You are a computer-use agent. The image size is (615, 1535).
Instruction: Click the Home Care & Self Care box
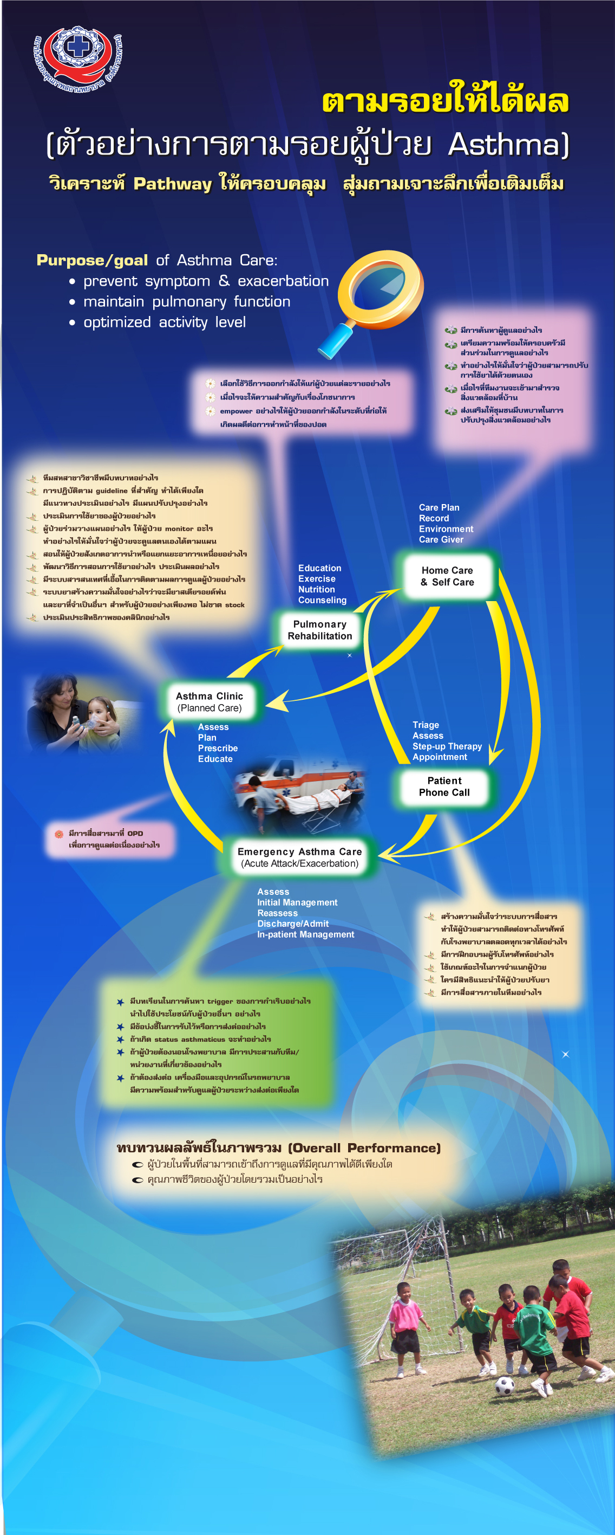pyautogui.click(x=448, y=576)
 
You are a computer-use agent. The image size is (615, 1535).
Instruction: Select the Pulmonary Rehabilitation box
pyautogui.click(x=320, y=630)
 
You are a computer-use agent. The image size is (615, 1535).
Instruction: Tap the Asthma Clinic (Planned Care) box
pyautogui.click(x=209, y=701)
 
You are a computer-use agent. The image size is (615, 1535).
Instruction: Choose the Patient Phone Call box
pyautogui.click(x=444, y=786)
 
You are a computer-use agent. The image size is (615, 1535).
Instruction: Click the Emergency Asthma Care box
pyautogui.click(x=299, y=857)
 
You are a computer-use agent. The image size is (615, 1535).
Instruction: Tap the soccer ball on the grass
pyautogui.click(x=504, y=1385)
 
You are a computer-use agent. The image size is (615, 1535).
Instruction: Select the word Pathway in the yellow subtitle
pyautogui.click(x=172, y=184)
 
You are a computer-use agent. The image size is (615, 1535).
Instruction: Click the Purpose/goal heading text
pyautogui.click(x=92, y=260)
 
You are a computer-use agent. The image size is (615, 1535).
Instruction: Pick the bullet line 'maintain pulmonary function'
pyautogui.click(x=186, y=302)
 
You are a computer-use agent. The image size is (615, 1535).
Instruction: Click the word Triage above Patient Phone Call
pyautogui.click(x=426, y=725)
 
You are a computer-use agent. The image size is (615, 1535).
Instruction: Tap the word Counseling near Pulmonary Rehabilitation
pyautogui.click(x=322, y=600)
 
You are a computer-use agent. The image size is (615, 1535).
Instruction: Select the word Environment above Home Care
pyautogui.click(x=446, y=529)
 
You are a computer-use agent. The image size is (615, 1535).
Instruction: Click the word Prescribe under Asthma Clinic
pyautogui.click(x=218, y=749)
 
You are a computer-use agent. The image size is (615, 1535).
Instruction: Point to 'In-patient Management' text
pyautogui.click(x=305, y=934)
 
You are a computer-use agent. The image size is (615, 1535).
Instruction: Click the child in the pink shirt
pyautogui.click(x=405, y=1320)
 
